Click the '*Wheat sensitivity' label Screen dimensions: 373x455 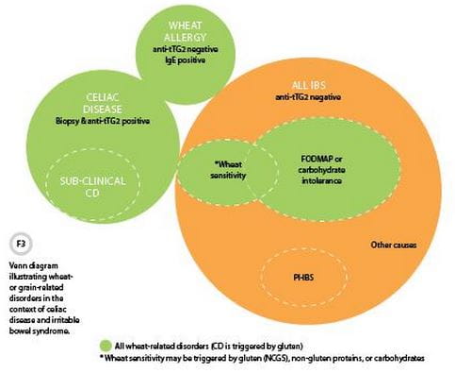tap(226, 168)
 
